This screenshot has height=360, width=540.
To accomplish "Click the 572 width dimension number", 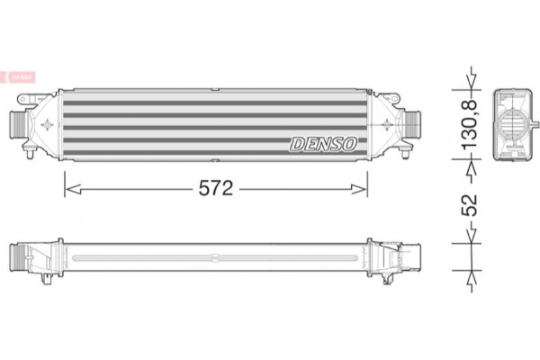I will click(x=217, y=188).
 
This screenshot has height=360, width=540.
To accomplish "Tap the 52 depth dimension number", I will click(x=469, y=204).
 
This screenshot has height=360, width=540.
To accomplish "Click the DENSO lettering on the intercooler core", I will click(x=323, y=142).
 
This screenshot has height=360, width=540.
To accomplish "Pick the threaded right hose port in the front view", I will click(x=414, y=121).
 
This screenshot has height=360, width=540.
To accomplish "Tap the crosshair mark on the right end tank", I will click(x=385, y=121).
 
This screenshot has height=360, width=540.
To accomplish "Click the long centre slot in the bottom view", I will click(x=216, y=258).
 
